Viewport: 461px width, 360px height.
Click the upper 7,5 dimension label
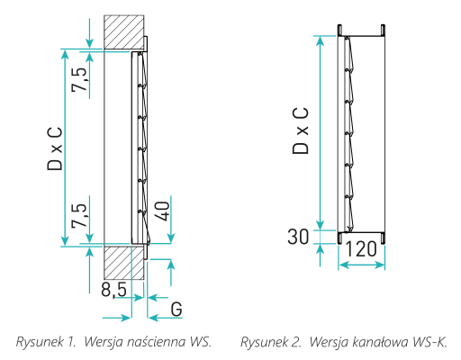coord(79,79)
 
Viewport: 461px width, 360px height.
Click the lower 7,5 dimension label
coord(79,215)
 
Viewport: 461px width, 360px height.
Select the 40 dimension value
coord(162,211)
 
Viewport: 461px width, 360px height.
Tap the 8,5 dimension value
coord(113,290)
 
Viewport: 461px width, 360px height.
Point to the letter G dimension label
coord(176,309)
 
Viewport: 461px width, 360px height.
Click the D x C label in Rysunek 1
coord(55,148)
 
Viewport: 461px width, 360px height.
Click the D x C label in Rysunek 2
coord(300,130)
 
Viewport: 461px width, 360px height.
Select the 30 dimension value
coord(298,237)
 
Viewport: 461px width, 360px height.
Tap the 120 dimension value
coord(361,249)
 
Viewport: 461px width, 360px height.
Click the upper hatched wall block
coord(124,32)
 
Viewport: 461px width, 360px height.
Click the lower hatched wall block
coord(124,263)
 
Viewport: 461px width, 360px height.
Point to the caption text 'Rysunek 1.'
coord(45,342)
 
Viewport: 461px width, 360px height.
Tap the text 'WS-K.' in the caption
coord(429,342)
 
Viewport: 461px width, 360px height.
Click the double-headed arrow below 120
coord(362,265)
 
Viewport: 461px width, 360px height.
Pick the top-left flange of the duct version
coord(339,30)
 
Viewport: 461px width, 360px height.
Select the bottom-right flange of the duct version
coord(384,238)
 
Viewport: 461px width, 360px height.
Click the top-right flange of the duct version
coord(384,30)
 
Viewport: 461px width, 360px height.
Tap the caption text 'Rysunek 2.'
coord(271,342)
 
